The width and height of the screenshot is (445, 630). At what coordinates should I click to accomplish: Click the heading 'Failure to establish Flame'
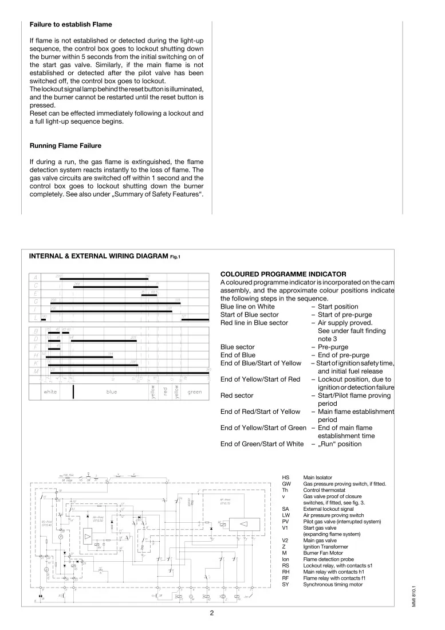click(x=70, y=25)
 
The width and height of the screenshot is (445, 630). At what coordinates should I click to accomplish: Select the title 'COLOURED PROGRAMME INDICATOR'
click(x=283, y=274)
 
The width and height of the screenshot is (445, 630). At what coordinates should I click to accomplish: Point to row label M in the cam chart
click(x=36, y=371)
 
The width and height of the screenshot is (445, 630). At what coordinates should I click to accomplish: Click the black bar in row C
click(x=115, y=286)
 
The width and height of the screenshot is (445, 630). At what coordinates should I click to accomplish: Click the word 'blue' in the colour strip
click(x=111, y=392)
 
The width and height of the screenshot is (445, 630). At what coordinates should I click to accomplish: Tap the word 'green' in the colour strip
click(x=195, y=392)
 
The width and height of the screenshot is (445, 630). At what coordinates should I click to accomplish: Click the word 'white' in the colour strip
click(x=50, y=392)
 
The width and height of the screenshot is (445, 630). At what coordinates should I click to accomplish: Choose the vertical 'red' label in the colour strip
click(x=165, y=392)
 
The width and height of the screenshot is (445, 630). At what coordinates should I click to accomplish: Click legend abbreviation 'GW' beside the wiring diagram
click(x=286, y=484)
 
